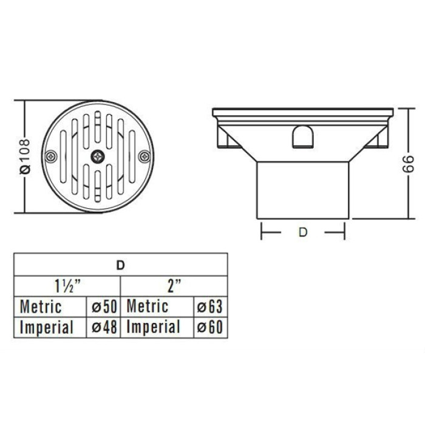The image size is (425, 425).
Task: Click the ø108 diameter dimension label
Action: click(x=25, y=157)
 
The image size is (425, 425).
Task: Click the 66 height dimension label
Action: click(x=408, y=164)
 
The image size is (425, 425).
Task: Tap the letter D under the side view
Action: click(x=302, y=233)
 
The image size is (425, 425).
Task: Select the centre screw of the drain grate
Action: click(x=98, y=157)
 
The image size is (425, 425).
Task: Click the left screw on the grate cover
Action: click(x=51, y=157)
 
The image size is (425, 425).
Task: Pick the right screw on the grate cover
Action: click(x=144, y=157)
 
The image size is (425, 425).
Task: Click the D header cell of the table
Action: click(x=121, y=265)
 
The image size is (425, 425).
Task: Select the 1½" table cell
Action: click(x=67, y=286)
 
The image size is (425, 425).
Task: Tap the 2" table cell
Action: click(x=174, y=286)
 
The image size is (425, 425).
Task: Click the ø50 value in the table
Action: click(x=104, y=307)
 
